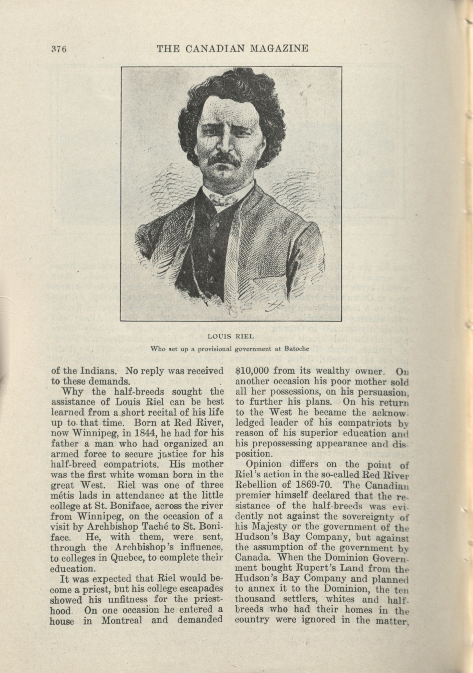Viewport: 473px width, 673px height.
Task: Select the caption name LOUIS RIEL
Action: pyautogui.click(x=231, y=336)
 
